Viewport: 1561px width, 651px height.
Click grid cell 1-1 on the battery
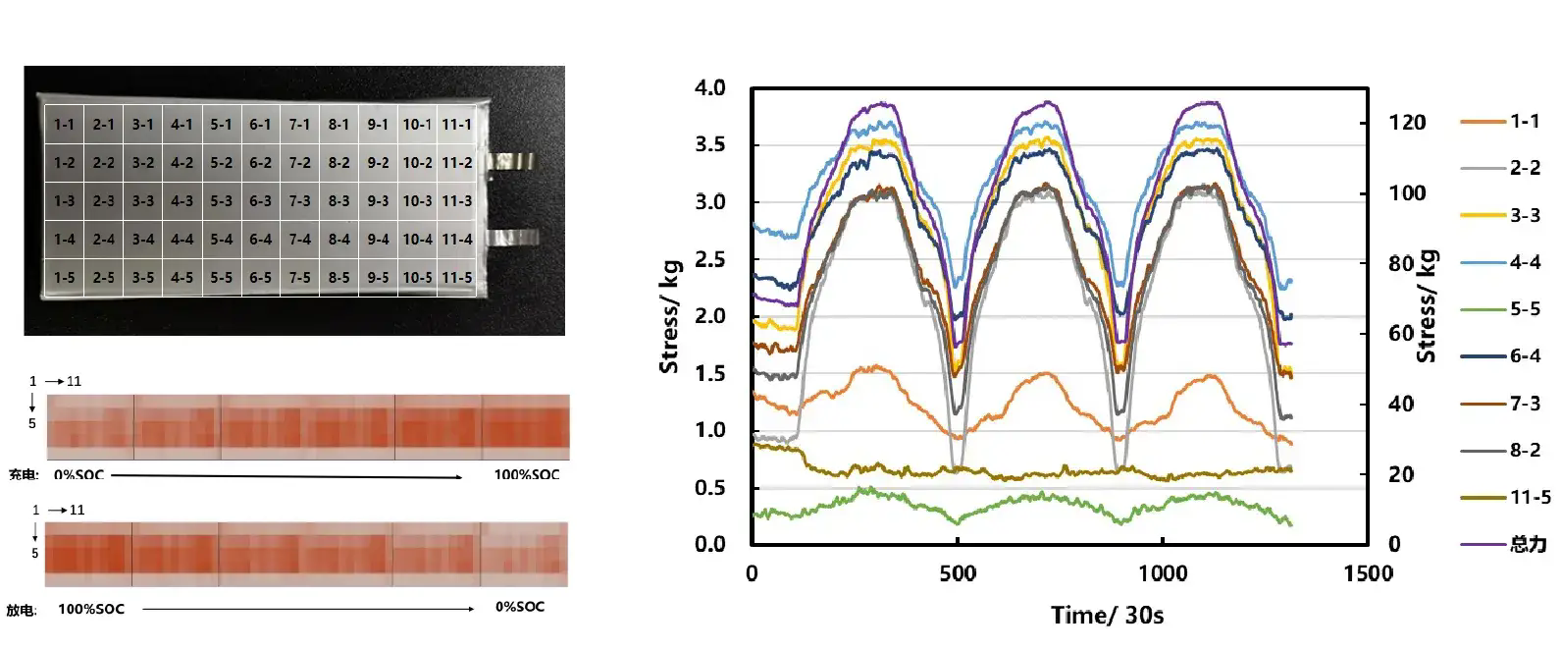click(64, 125)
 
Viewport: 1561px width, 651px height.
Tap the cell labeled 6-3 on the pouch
click(260, 201)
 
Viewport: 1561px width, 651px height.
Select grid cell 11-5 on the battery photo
click(456, 278)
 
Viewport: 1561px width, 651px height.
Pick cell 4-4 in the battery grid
click(182, 240)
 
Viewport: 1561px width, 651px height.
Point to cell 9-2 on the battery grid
click(378, 163)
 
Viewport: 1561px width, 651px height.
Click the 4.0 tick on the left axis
click(709, 88)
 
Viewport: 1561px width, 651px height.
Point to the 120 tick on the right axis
click(1408, 123)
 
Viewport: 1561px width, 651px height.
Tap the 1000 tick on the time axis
click(1162, 573)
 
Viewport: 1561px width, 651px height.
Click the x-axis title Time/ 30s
click(1107, 616)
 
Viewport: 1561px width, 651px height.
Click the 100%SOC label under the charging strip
click(526, 475)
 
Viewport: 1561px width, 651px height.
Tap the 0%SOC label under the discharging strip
click(519, 607)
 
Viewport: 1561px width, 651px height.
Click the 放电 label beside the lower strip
click(21, 611)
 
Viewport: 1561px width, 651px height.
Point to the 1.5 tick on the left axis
click(709, 373)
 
